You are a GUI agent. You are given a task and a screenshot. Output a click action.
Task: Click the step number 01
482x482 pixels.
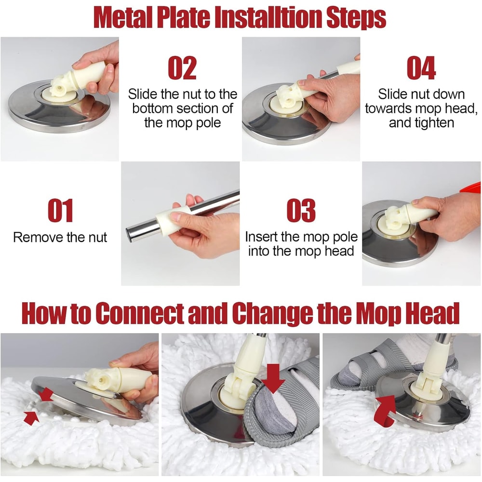(60, 211)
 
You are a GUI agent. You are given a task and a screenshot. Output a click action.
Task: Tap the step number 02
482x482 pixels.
(182, 68)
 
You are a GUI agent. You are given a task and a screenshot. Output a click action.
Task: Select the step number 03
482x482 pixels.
(301, 211)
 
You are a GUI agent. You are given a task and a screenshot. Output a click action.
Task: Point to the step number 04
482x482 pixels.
(421, 68)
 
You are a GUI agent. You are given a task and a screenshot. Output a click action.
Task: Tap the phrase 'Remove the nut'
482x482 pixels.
(60, 237)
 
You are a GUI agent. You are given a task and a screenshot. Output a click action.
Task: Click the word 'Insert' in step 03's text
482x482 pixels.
(263, 237)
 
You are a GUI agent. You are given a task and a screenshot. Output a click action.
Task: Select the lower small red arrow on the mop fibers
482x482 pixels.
(30, 418)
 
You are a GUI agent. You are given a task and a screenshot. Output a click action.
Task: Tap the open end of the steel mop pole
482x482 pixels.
(132, 233)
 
